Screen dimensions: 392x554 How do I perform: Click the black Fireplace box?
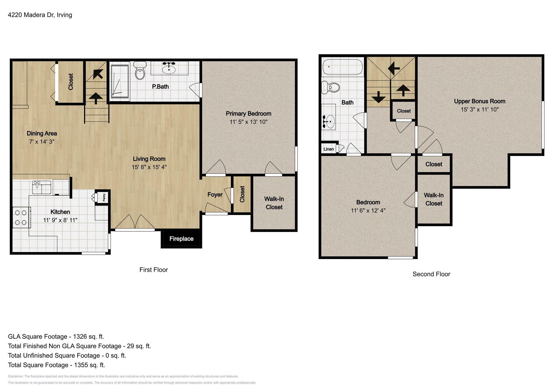click(181, 238)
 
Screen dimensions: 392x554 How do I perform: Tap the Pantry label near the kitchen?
click(104, 197)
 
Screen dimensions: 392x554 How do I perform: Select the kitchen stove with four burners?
click(21, 217)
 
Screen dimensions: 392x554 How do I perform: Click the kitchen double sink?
click(42, 187)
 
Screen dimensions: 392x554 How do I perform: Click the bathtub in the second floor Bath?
click(343, 67)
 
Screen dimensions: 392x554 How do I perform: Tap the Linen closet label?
click(328, 149)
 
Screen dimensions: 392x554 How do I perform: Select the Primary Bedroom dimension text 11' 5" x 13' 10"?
click(248, 122)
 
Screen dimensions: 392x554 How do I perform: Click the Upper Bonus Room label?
click(479, 101)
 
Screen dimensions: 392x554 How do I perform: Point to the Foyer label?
click(215, 195)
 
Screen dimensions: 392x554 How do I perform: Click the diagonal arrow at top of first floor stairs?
click(98, 74)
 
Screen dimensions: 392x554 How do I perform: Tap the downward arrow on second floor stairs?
click(378, 97)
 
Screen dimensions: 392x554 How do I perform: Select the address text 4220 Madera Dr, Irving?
click(40, 15)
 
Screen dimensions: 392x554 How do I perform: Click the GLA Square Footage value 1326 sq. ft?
click(88, 337)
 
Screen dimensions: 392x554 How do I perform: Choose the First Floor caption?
click(153, 270)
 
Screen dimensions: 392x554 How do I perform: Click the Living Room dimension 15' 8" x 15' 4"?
click(149, 167)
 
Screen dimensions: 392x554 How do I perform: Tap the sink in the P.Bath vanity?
click(169, 69)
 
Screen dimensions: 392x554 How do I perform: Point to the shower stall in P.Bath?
click(120, 80)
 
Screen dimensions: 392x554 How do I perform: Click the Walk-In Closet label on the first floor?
click(274, 203)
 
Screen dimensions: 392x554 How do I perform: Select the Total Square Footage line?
click(56, 365)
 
